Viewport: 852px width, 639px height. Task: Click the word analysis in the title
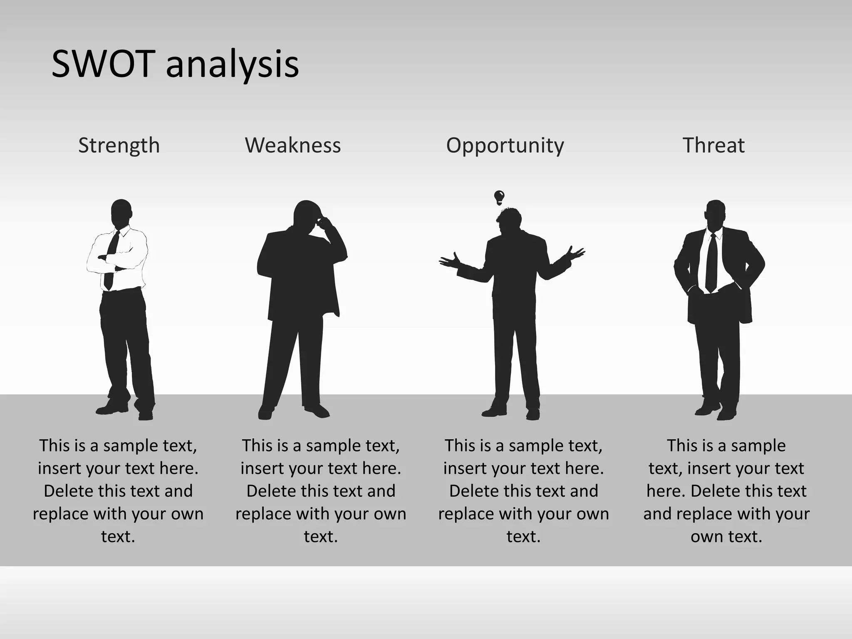(x=232, y=66)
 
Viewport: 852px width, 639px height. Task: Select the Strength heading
(x=119, y=145)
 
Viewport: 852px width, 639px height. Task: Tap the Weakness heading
(x=293, y=145)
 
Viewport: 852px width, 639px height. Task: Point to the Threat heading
(x=713, y=145)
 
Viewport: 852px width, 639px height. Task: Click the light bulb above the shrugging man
(x=499, y=197)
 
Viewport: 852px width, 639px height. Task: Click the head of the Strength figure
(x=121, y=213)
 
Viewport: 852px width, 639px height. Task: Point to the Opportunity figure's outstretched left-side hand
(x=450, y=260)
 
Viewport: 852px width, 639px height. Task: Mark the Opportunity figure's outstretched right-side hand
(x=575, y=253)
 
